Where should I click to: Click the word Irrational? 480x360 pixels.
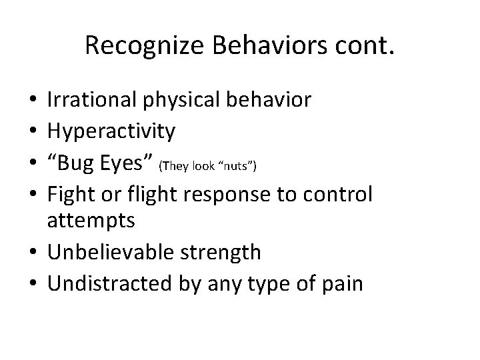point(92,100)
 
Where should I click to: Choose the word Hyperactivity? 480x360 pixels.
point(111,131)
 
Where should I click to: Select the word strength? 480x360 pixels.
point(225,253)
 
